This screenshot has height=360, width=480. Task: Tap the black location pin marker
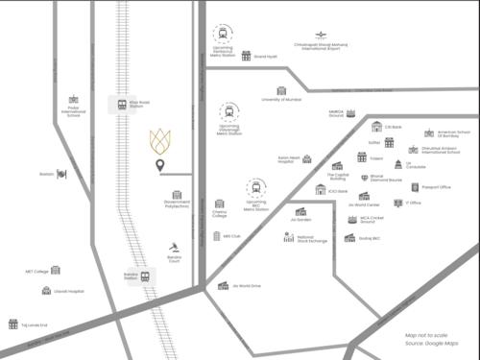tap(160, 167)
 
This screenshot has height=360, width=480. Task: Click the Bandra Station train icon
tap(145, 276)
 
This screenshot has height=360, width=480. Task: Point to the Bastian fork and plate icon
tap(61, 174)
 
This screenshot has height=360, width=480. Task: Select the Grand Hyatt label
tap(265, 57)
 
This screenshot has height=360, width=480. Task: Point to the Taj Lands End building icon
tap(13, 324)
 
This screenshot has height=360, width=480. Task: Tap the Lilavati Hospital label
tap(69, 291)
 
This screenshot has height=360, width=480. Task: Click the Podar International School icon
tap(73, 100)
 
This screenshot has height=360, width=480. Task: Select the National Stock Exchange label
tap(312, 238)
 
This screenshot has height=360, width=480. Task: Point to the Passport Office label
tap(437, 187)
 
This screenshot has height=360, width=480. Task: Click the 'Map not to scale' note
tap(426, 335)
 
